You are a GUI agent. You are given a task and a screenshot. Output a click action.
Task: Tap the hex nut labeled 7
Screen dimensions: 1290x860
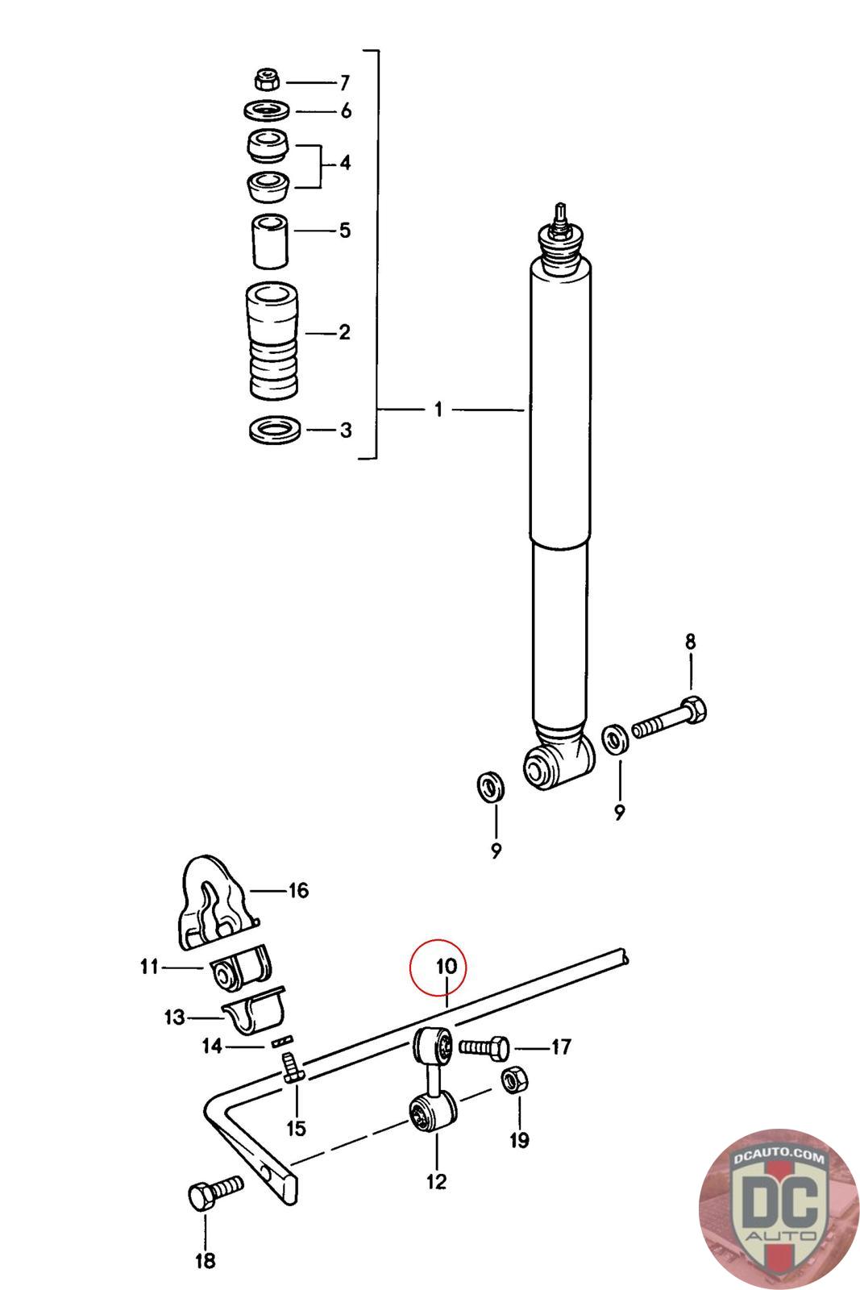coord(266,81)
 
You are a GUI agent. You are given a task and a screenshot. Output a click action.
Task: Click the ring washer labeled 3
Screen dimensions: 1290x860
coord(276,429)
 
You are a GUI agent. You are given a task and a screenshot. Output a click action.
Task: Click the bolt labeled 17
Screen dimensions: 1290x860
coord(484,1047)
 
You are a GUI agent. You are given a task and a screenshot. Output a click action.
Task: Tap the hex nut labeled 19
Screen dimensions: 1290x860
coord(512,1080)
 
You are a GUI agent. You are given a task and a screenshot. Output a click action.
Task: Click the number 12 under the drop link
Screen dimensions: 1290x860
coord(436,1181)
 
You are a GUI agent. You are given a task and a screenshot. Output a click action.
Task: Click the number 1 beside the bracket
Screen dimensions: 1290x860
coord(438,410)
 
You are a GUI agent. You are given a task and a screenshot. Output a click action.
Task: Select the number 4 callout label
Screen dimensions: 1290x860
coord(345,163)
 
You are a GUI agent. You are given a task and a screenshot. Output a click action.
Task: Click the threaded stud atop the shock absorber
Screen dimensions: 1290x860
coord(559,214)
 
